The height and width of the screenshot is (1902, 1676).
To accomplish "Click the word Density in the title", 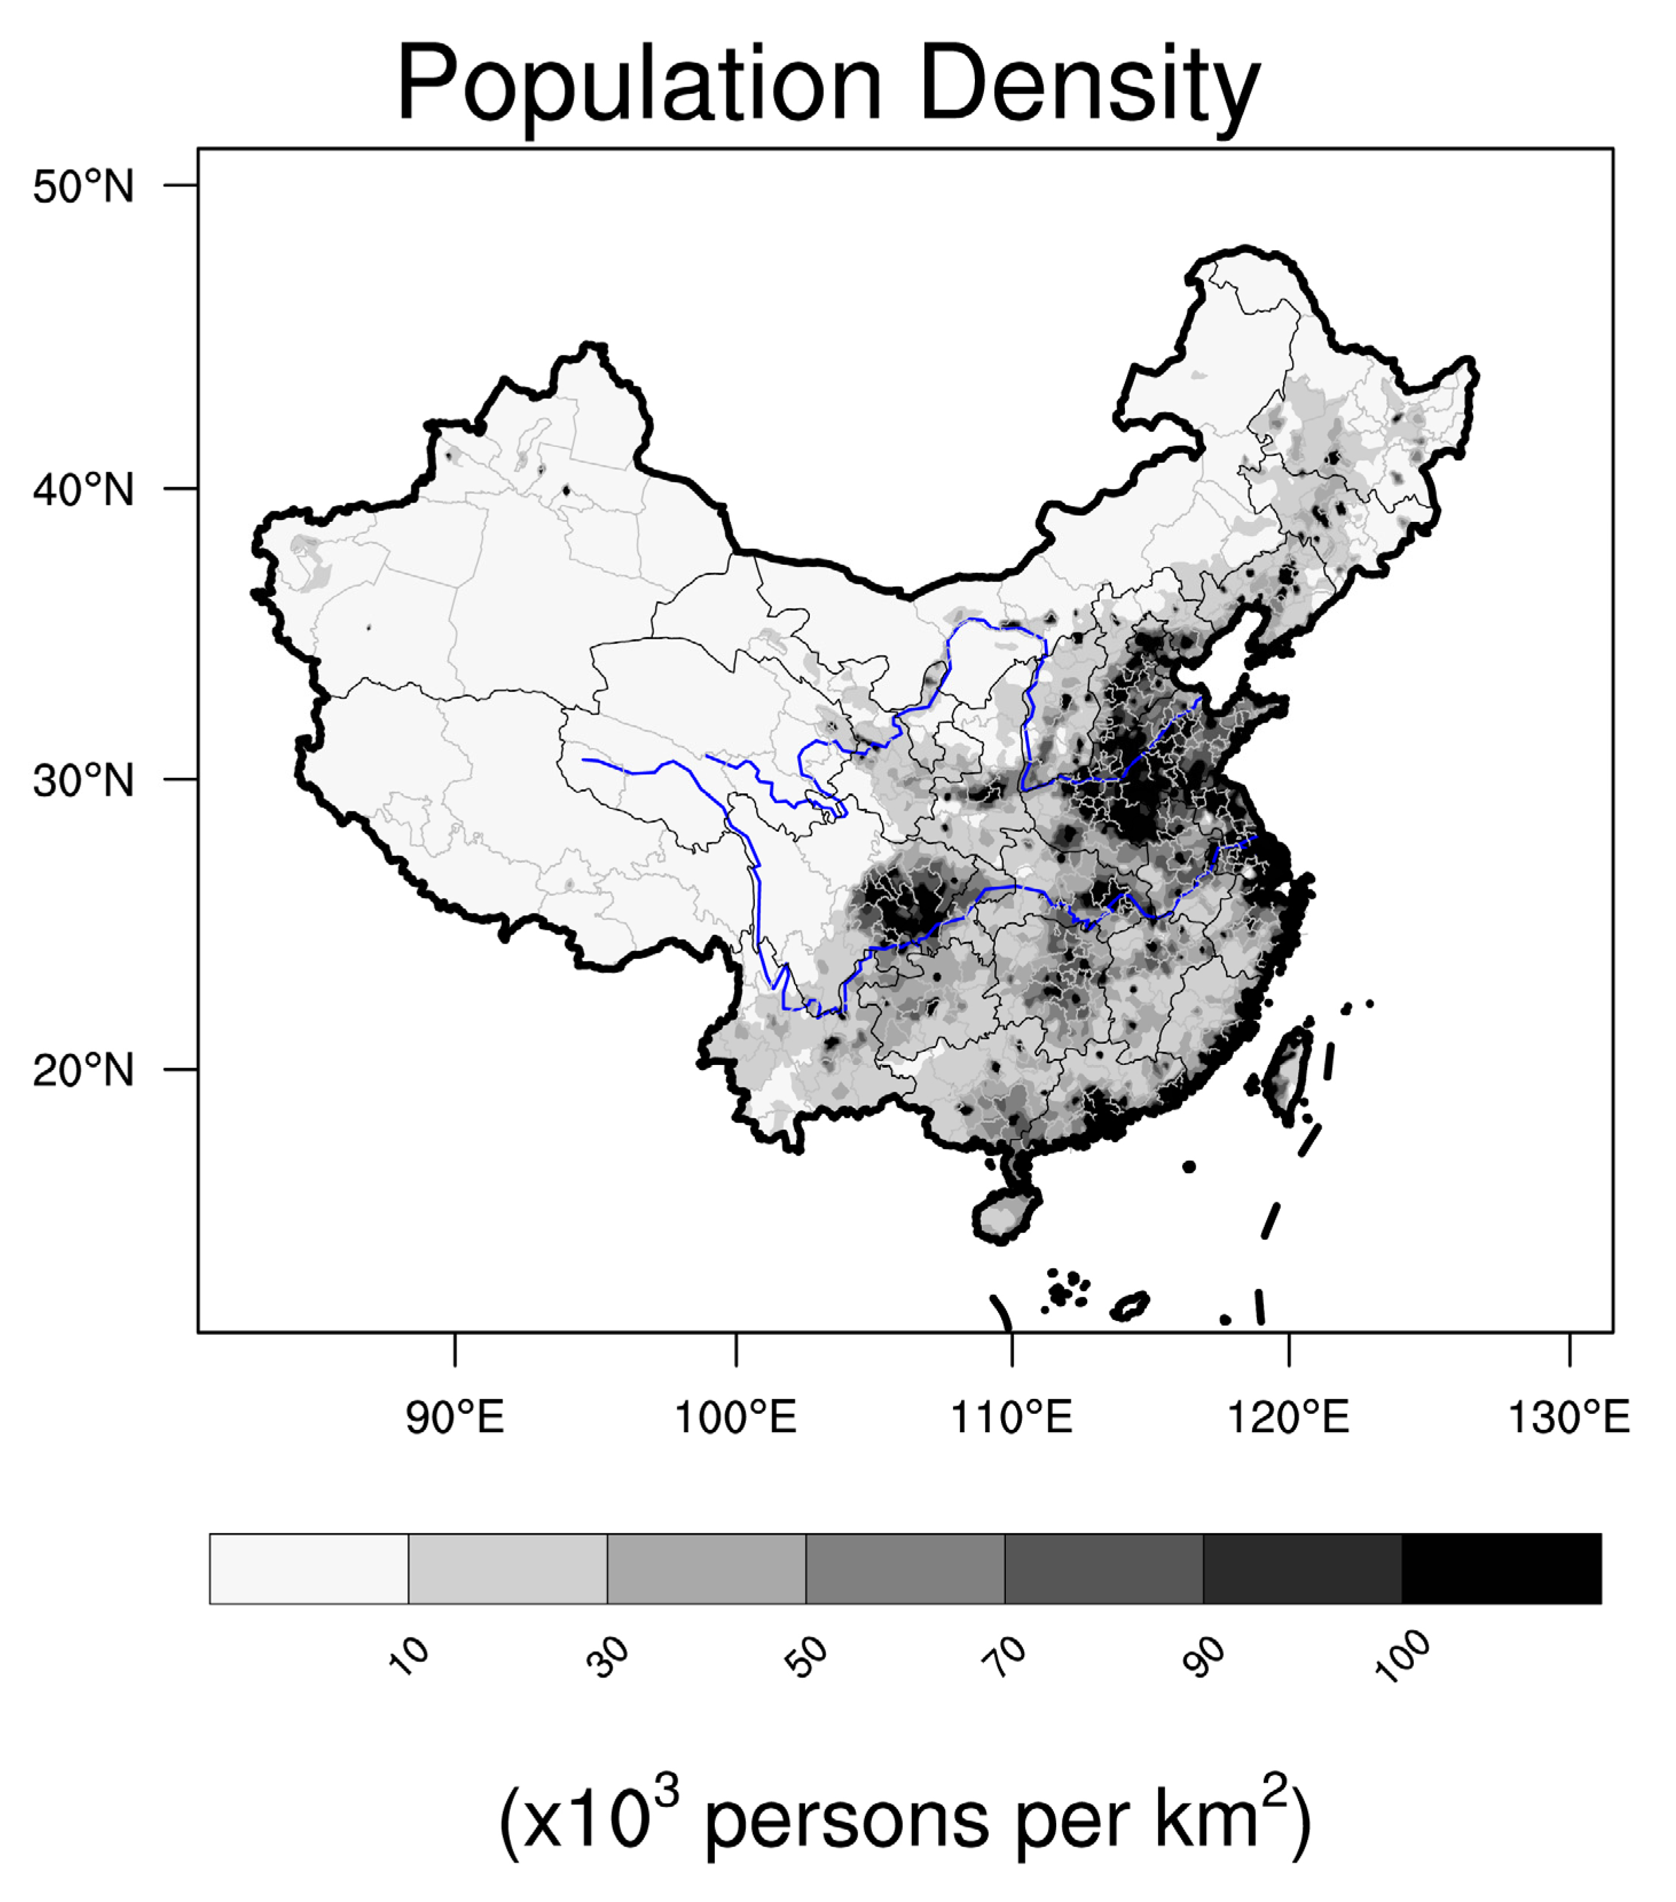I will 1089,85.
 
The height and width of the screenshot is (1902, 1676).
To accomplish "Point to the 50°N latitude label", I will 83,187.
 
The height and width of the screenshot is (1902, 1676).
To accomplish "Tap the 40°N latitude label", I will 83,489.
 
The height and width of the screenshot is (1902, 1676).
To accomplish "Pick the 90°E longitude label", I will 454,1417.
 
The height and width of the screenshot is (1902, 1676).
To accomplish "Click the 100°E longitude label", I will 735,1417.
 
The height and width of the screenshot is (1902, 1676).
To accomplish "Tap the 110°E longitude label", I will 1012,1417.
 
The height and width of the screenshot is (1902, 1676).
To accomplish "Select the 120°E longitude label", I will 1289,1417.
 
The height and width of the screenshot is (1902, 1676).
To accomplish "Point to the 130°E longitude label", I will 1568,1417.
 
